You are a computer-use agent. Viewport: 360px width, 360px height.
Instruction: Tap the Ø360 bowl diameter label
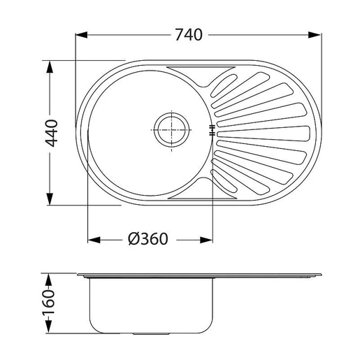pos(148,239)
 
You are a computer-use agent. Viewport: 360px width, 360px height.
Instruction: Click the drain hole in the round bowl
pos(170,130)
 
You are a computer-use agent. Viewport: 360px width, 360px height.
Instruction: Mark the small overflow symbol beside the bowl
pos(211,130)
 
